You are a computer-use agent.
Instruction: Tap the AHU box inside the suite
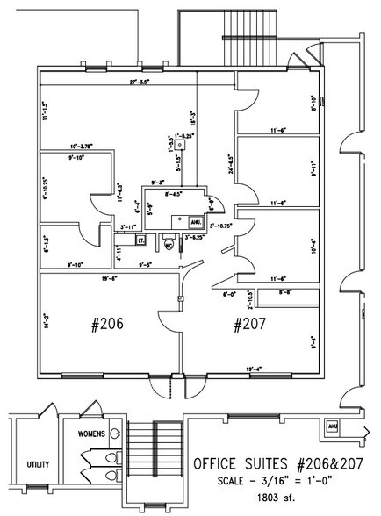[x=195, y=224]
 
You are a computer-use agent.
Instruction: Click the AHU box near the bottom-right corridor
[x=333, y=427]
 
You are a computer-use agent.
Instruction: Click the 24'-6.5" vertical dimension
[x=229, y=166]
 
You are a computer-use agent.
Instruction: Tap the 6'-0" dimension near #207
[x=230, y=294]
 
